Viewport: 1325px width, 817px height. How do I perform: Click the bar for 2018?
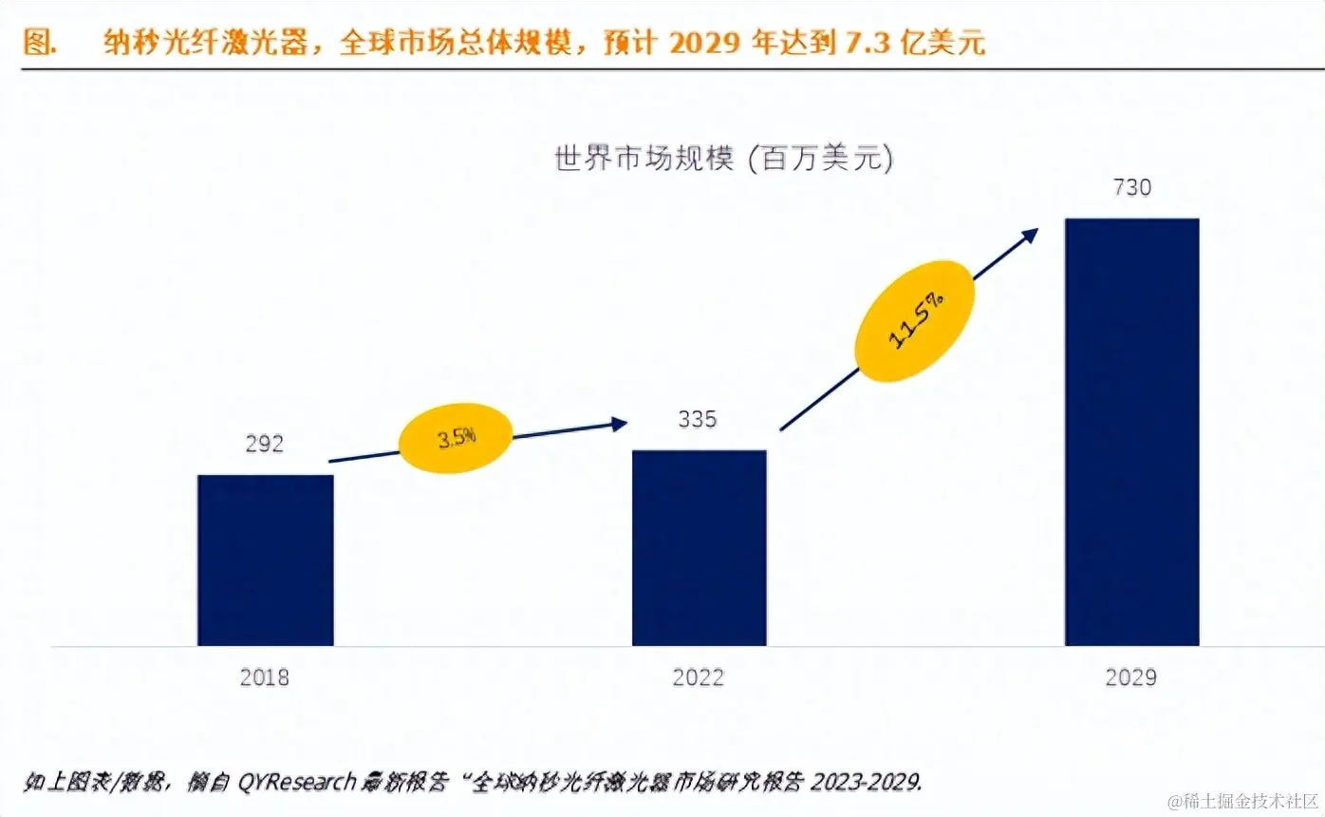coord(265,560)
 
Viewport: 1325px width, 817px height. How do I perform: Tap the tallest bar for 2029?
coord(1131,432)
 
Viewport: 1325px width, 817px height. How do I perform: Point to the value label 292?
coord(265,444)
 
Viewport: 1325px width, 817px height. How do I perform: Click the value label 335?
coord(699,419)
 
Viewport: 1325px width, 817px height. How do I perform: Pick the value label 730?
coord(1131,187)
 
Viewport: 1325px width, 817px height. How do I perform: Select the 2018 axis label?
coord(265,677)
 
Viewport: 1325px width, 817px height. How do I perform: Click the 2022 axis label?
coord(699,677)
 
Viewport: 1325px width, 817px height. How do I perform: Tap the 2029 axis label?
coord(1131,677)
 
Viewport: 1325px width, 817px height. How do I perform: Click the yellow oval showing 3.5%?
coord(457,439)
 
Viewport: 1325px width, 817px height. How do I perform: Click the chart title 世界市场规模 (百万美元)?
coord(723,159)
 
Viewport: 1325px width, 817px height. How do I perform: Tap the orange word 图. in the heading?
coord(39,44)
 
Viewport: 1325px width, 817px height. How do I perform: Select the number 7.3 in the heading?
coord(861,44)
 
